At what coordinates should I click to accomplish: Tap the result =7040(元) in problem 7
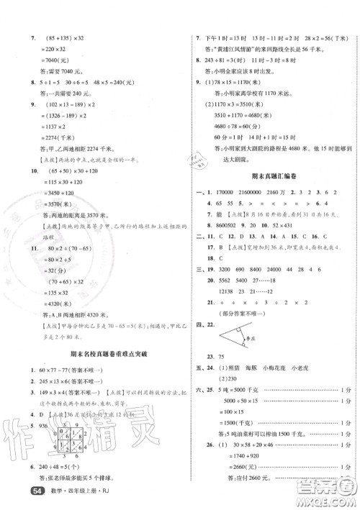pyautogui.click(x=48, y=60)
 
